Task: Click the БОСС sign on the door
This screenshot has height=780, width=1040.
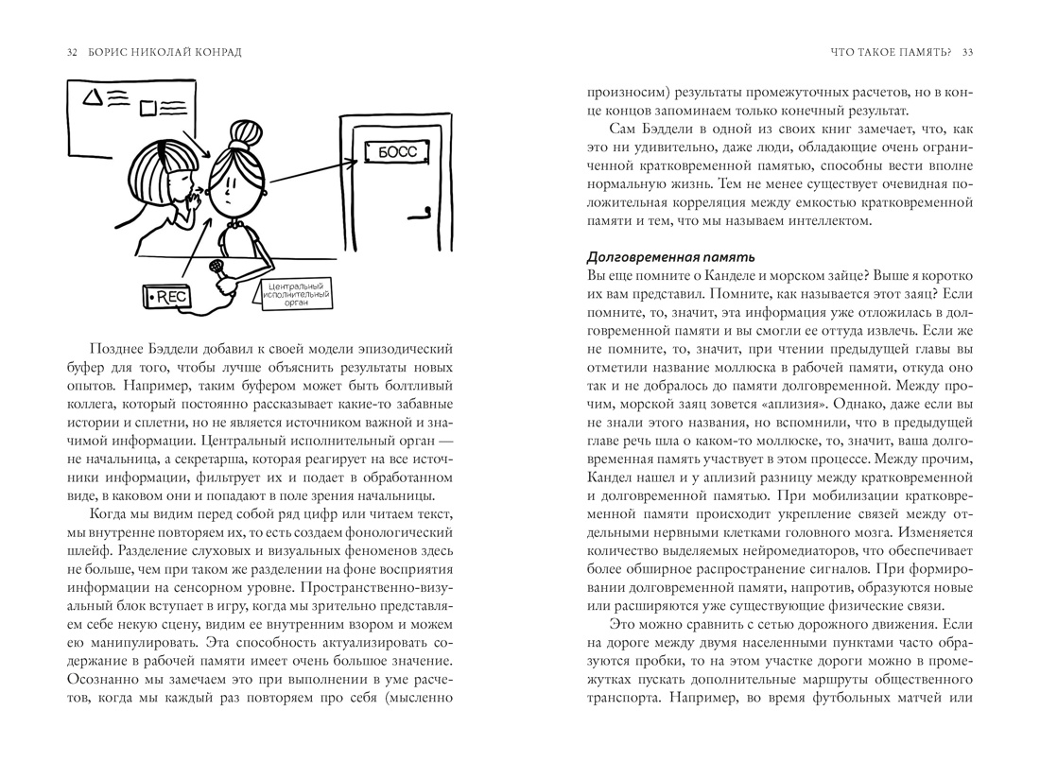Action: (390, 151)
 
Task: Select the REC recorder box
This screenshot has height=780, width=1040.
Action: (165, 296)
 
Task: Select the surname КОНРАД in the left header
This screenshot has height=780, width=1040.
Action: (217, 52)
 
